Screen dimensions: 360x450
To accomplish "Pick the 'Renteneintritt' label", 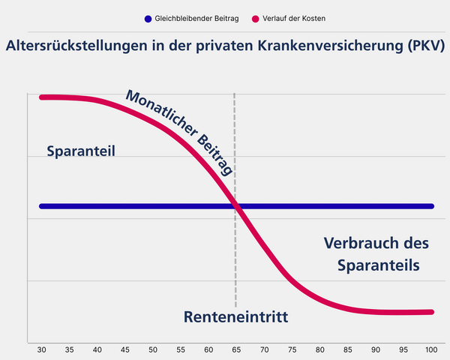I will [235, 317].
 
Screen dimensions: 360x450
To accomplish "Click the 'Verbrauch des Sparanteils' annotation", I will [376, 254].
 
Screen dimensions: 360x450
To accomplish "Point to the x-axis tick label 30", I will [40, 350].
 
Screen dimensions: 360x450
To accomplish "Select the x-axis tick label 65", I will [235, 350].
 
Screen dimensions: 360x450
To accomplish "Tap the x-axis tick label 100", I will [430, 350].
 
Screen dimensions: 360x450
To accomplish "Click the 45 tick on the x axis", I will [124, 350].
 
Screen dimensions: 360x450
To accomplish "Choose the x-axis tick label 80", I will [319, 350].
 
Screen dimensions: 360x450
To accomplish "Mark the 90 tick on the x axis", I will [375, 350].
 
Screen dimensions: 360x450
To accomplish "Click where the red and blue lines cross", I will [237, 205].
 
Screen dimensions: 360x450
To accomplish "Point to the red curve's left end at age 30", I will [41, 97].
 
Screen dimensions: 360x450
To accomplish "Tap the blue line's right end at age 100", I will [431, 205].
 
